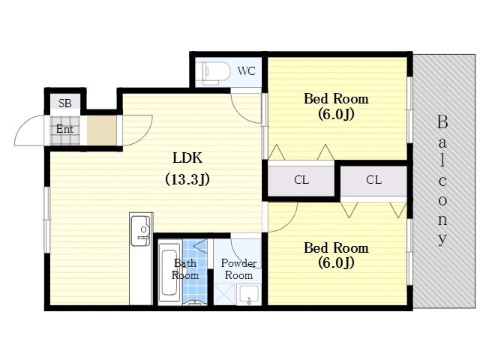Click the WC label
247,71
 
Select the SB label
65,103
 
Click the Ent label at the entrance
64,129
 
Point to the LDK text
187,158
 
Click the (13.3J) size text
187,179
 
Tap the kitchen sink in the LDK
140,230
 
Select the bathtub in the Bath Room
169,272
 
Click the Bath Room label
185,269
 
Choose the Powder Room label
238,269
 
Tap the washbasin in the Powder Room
249,295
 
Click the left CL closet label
301,180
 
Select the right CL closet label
373,180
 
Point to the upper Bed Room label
336,98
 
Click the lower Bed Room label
336,247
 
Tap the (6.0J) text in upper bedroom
336,114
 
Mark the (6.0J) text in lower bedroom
336,262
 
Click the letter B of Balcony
442,121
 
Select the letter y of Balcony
442,238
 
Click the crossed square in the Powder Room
225,295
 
